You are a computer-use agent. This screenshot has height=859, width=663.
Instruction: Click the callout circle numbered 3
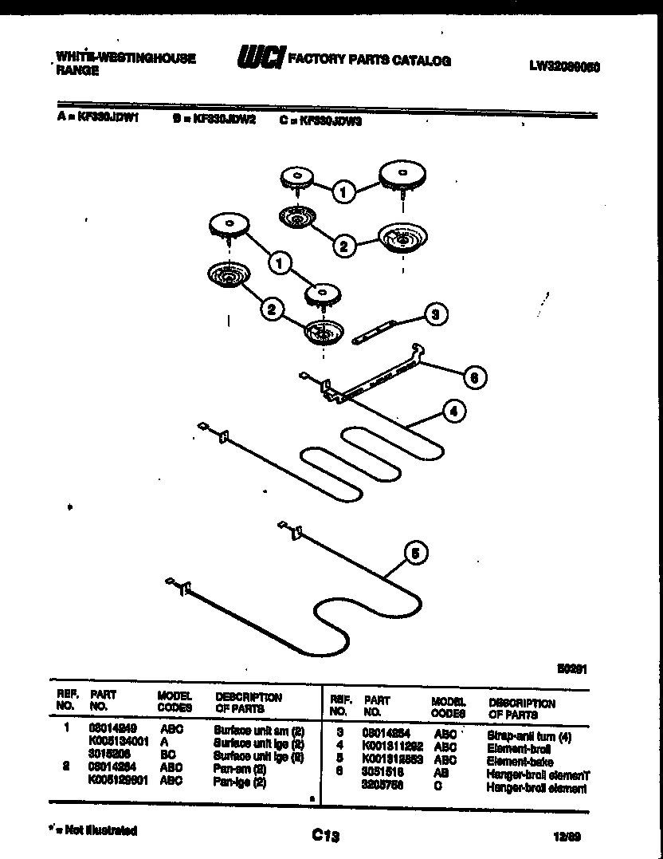[x=434, y=314]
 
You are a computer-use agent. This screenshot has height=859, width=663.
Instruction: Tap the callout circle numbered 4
[x=453, y=412]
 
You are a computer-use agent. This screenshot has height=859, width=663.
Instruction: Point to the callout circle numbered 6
[x=473, y=376]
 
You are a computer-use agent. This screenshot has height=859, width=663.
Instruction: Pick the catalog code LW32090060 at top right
[x=564, y=68]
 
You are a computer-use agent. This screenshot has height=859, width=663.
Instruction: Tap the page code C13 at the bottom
[x=326, y=835]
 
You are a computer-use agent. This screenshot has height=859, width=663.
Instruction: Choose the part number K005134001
[x=120, y=741]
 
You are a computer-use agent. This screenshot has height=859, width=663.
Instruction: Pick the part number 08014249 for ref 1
[x=108, y=728]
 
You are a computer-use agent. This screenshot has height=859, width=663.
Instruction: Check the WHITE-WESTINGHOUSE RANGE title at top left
[x=126, y=65]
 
